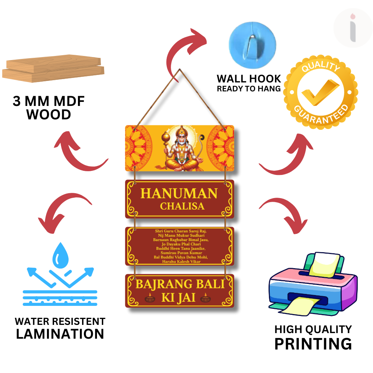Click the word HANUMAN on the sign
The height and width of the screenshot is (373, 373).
click(x=179, y=194)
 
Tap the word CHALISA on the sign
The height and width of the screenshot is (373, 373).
click(x=182, y=206)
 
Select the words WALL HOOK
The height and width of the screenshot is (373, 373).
click(x=249, y=79)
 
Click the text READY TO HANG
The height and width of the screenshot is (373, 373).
click(x=249, y=89)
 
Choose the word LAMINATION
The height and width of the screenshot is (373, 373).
click(x=60, y=333)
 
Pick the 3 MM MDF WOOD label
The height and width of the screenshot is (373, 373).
click(x=49, y=108)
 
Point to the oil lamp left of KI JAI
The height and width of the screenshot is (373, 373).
click(x=150, y=298)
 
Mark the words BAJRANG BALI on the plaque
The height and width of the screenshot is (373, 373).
click(x=180, y=285)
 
